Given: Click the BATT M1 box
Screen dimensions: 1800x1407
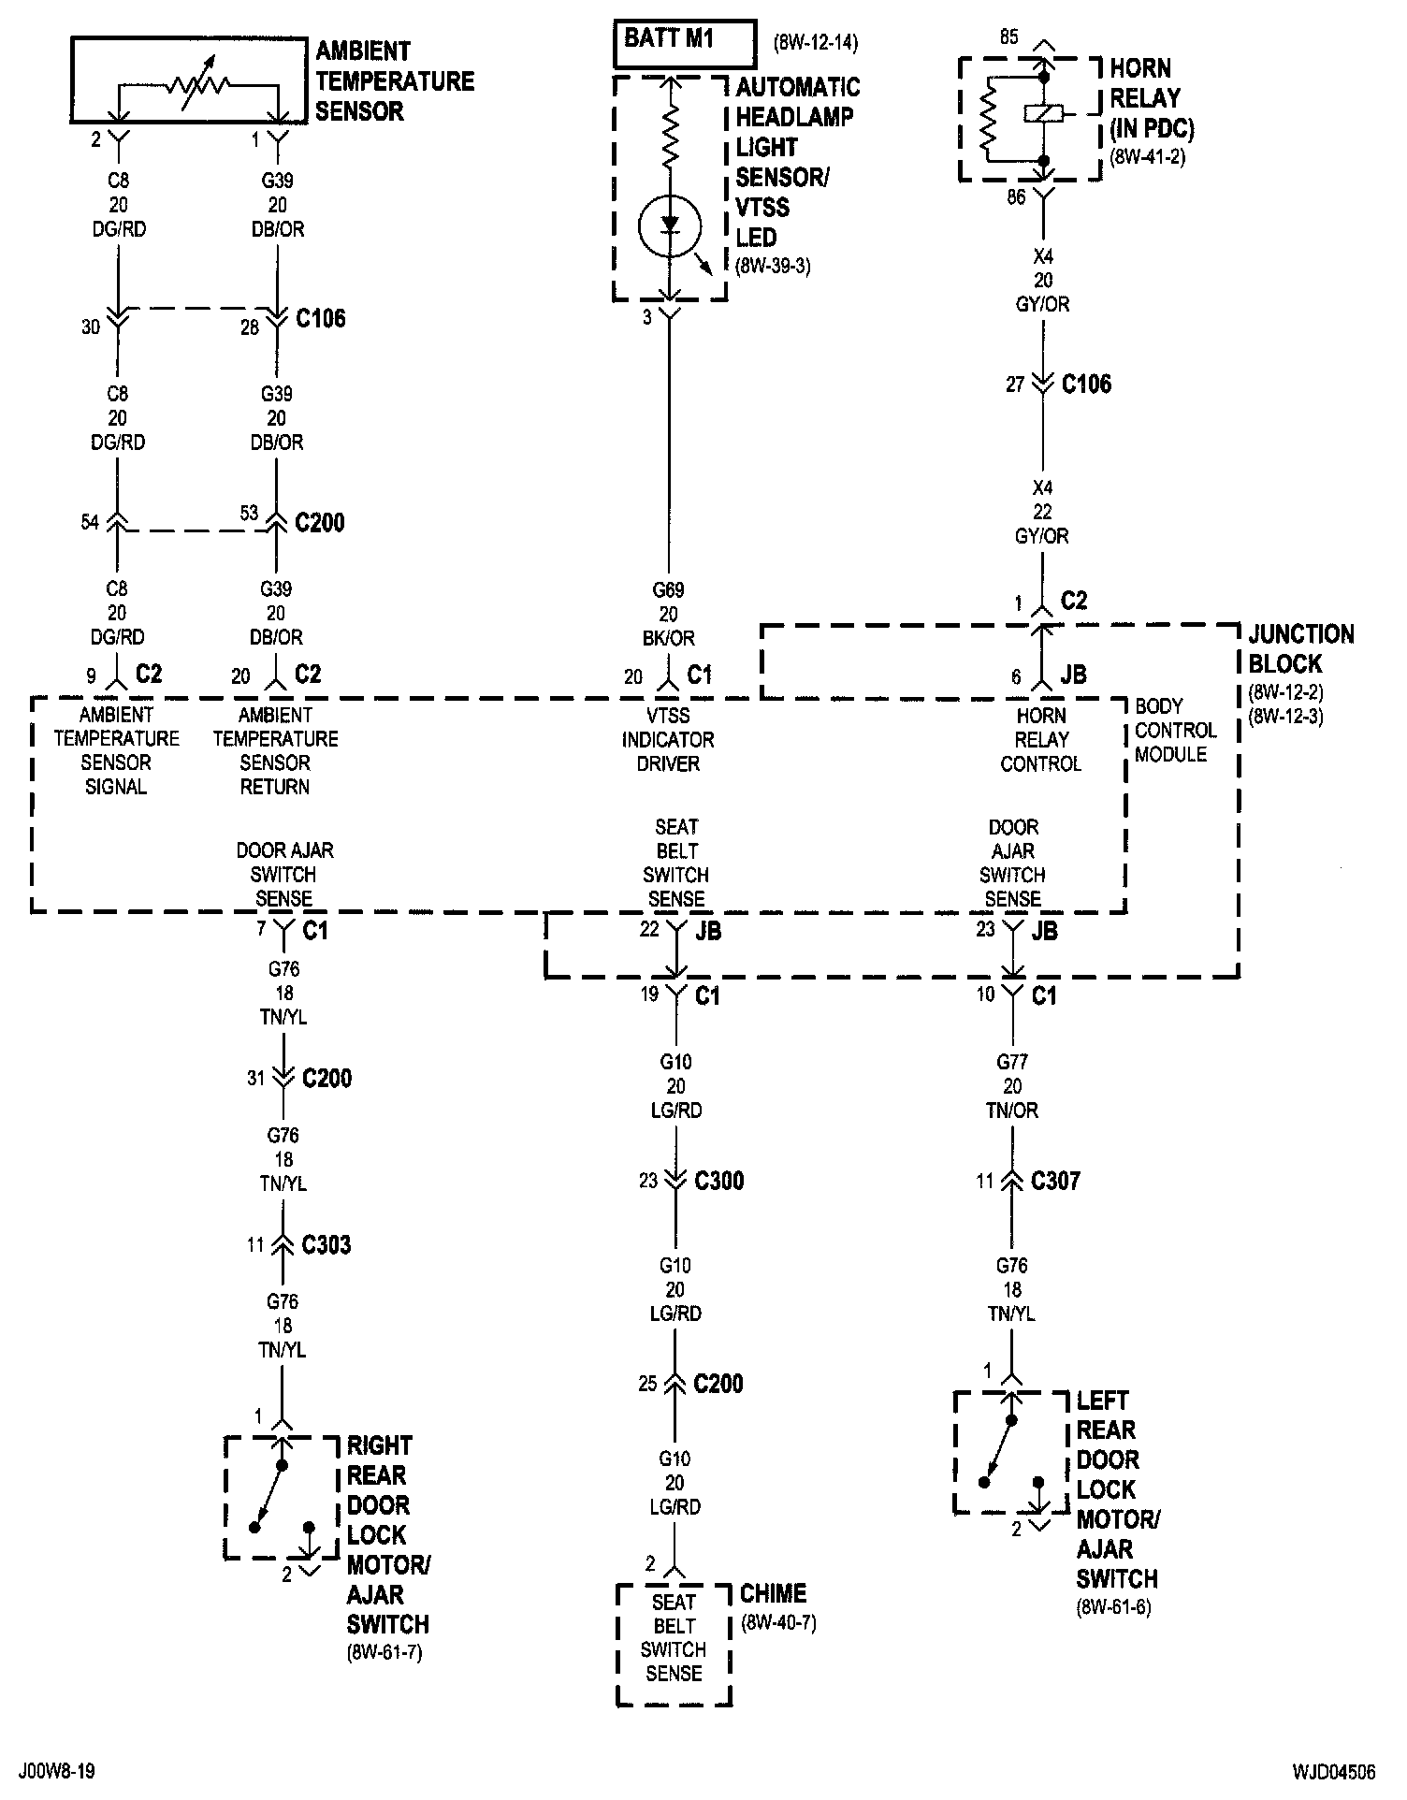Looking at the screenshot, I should [x=684, y=42].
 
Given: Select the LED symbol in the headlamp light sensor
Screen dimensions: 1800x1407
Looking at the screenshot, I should [x=669, y=225].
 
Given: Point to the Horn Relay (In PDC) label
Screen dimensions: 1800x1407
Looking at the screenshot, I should [x=1151, y=98].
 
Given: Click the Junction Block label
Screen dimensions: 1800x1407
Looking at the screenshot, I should [x=1301, y=649].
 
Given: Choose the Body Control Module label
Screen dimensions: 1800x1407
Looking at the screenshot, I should [x=1175, y=730].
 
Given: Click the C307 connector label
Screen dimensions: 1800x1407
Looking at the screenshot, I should [x=1055, y=1181].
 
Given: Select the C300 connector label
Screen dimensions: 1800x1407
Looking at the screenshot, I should [x=718, y=1181].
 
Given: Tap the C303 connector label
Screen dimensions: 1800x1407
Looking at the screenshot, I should [x=326, y=1245].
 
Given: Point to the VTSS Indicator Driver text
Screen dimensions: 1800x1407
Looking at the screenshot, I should [x=668, y=739].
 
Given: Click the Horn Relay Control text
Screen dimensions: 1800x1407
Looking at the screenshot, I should [x=1040, y=739].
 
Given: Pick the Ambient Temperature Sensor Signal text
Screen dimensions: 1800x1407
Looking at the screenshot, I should [x=116, y=750].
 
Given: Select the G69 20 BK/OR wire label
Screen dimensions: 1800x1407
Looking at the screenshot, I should [x=668, y=614].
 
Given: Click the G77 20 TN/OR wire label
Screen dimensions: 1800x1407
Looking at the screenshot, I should [x=1012, y=1086].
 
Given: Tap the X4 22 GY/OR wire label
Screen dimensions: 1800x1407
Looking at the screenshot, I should [x=1042, y=512].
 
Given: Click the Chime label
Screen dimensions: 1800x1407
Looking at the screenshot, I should [x=773, y=1593].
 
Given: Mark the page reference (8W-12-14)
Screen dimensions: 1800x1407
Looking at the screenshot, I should [x=816, y=43].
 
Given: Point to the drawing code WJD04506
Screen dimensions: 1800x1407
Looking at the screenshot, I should [x=1334, y=1771].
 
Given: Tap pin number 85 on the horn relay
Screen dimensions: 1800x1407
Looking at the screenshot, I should [x=1008, y=37].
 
